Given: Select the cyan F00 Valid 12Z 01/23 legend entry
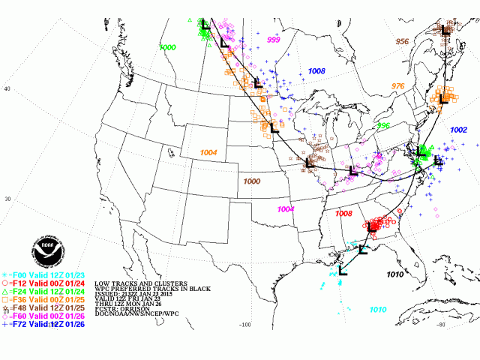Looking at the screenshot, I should (x=46, y=274).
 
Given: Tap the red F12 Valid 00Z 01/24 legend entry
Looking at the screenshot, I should (x=46, y=283).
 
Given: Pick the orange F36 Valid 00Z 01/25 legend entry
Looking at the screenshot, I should (x=46, y=299).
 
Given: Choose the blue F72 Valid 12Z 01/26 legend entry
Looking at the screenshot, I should (x=46, y=324).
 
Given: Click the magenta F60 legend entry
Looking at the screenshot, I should (x=46, y=316).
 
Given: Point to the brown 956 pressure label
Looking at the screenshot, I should (x=403, y=41).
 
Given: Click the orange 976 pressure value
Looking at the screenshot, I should (x=397, y=86).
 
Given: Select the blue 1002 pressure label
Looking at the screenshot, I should (x=458, y=130).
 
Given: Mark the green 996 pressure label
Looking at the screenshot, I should (x=383, y=125).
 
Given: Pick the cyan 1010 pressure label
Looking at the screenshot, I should (x=377, y=310).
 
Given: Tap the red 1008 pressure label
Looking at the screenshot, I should (x=343, y=214).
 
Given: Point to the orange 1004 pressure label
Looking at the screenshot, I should (x=208, y=152).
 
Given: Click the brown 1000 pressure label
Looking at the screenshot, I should (x=251, y=181).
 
